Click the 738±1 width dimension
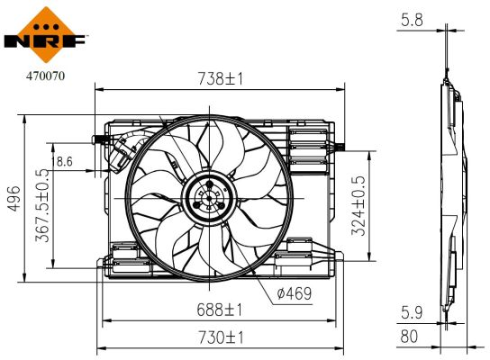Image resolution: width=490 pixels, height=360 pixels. (222, 79)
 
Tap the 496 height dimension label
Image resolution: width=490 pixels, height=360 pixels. (14, 205)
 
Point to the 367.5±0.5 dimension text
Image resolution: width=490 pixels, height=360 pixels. (41, 205)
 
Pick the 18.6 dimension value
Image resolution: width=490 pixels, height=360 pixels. (65, 161)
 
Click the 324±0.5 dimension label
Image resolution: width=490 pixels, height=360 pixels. (358, 205)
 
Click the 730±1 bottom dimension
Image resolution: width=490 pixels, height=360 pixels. (222, 337)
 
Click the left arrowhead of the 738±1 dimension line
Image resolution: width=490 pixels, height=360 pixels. (98, 89)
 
